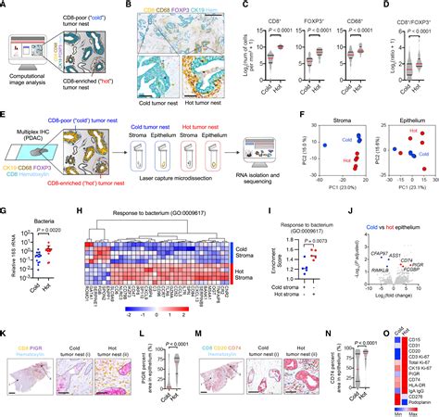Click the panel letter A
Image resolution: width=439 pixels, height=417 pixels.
[5, 6]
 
